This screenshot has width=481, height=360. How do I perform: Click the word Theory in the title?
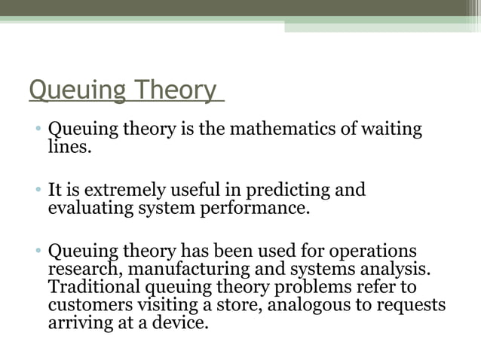point(176,90)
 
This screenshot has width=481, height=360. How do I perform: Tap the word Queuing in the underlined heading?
point(76,90)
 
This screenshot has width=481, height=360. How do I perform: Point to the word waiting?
point(391,129)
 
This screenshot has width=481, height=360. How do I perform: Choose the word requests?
point(406,306)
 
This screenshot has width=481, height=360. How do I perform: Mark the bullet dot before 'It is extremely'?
point(37,190)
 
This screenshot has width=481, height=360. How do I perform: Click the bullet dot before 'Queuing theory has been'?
point(37,251)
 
